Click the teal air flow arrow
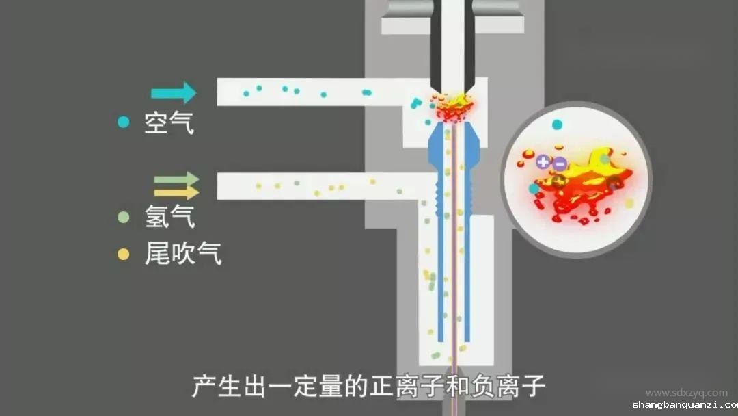pyautogui.click(x=174, y=92)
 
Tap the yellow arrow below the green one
pyautogui.click(x=176, y=193)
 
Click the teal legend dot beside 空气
pyautogui.click(x=123, y=122)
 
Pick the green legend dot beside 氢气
pyautogui.click(x=123, y=218)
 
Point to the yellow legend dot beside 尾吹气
pyautogui.click(x=123, y=255)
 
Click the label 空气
pyautogui.click(x=169, y=123)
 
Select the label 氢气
pyautogui.click(x=169, y=218)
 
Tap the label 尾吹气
pyautogui.click(x=183, y=255)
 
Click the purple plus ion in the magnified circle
pyautogui.click(x=543, y=162)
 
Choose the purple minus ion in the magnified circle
pyautogui.click(x=559, y=163)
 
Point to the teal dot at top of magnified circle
pyautogui.click(x=557, y=125)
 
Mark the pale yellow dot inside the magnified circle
pyautogui.click(x=629, y=203)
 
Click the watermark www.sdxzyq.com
pyautogui.click(x=686, y=393)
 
